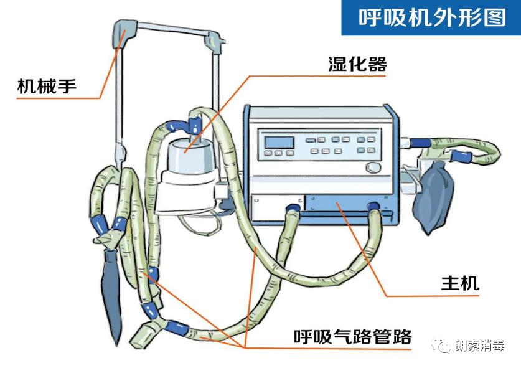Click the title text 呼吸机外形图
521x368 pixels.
coord(431,18)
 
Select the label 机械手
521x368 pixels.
coord(47,86)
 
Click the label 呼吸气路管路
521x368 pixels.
coord(352,337)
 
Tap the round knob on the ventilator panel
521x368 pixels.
coord(373,168)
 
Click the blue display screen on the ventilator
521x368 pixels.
coord(278,142)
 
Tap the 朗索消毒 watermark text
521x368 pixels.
coord(480,346)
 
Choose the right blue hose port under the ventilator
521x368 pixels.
coord(373,207)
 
